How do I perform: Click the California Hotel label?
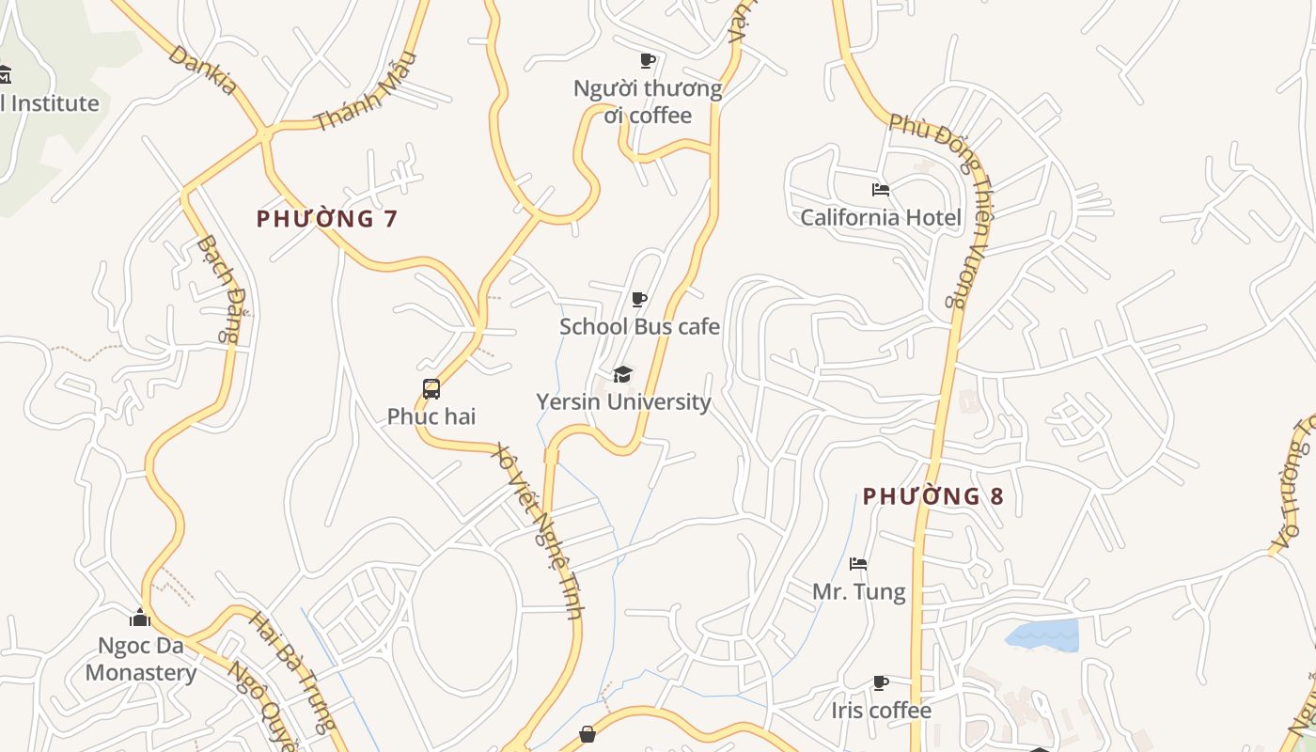[881, 218]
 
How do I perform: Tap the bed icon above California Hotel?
[881, 190]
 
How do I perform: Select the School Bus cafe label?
[639, 327]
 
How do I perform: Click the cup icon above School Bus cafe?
[639, 300]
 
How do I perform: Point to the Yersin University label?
[623, 402]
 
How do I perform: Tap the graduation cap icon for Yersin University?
[622, 375]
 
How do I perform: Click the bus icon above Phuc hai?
[431, 389]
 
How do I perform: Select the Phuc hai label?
[431, 416]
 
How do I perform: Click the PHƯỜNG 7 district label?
[327, 219]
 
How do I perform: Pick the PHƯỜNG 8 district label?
[933, 496]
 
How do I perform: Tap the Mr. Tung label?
[859, 592]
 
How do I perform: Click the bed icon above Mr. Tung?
[858, 564]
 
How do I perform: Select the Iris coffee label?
[881, 711]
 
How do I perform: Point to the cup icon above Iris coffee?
[881, 682]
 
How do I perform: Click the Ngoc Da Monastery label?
[141, 659]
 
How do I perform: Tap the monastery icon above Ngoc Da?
[140, 618]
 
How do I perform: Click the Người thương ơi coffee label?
[648, 102]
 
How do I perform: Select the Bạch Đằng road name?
[218, 288]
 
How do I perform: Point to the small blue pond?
[1042, 635]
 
